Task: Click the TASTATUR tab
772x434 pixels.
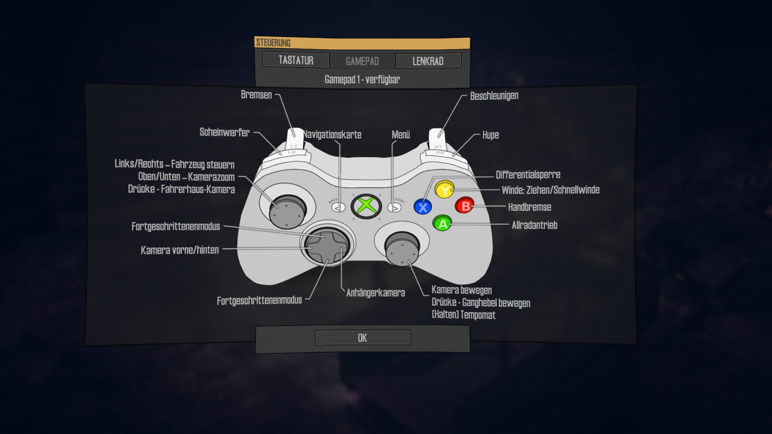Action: (296, 60)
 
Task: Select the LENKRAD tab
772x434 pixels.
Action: (428, 61)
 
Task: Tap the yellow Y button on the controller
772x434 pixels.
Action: (444, 190)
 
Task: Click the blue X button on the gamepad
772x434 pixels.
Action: (423, 207)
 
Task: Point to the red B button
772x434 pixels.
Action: (465, 206)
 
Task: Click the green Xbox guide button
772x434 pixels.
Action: (366, 207)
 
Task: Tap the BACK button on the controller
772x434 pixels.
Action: (338, 207)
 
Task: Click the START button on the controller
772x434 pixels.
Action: (394, 207)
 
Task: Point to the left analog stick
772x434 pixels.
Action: (287, 211)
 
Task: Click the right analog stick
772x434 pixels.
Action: (402, 248)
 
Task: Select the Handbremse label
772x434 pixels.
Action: (530, 207)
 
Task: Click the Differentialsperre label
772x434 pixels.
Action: (528, 175)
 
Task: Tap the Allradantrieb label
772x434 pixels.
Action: (534, 225)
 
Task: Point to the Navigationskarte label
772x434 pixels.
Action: (332, 135)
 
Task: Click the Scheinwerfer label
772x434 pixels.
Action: (224, 132)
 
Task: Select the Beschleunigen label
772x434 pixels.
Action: (494, 96)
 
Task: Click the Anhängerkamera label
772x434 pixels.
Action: (376, 293)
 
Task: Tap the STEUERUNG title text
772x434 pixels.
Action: (273, 43)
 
